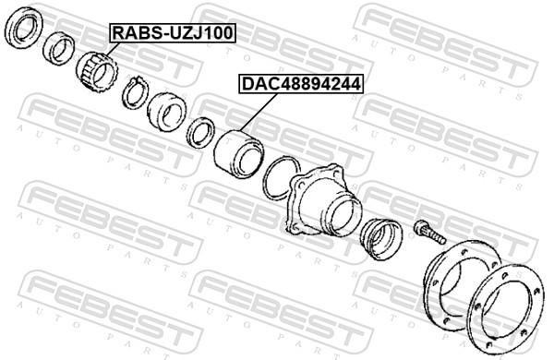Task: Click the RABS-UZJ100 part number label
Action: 173,32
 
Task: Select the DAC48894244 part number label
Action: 301,84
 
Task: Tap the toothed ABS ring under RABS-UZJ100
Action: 96,71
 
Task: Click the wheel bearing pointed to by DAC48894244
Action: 238,154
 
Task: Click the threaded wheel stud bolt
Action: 429,232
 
